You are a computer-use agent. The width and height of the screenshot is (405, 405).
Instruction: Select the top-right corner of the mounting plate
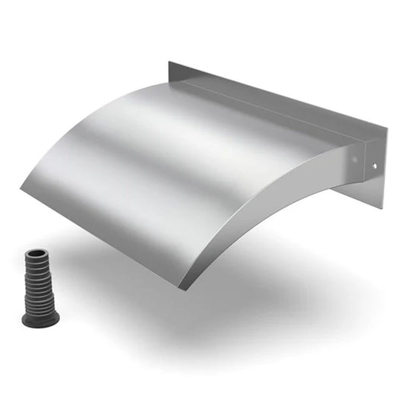386,128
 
